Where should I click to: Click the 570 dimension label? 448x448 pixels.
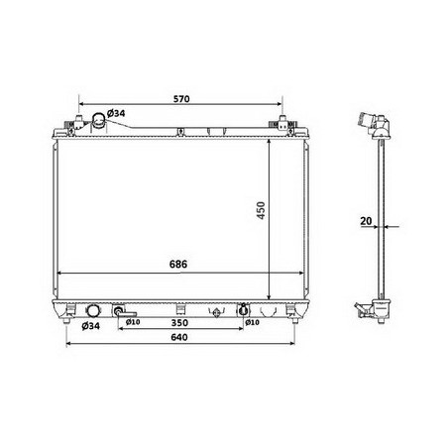[x=181, y=99]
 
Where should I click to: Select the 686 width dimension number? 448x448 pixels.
[x=178, y=264]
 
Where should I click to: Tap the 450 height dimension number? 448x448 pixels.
[x=261, y=210]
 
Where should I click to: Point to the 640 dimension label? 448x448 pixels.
[x=179, y=337]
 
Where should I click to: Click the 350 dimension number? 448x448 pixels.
[x=179, y=322]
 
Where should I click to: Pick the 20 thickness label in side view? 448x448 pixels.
[x=366, y=221]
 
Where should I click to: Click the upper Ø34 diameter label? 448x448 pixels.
[x=116, y=113]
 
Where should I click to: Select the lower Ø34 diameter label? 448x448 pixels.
[x=90, y=326]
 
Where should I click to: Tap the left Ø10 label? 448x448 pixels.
[x=133, y=322]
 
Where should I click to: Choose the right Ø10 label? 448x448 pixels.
[x=252, y=322]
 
